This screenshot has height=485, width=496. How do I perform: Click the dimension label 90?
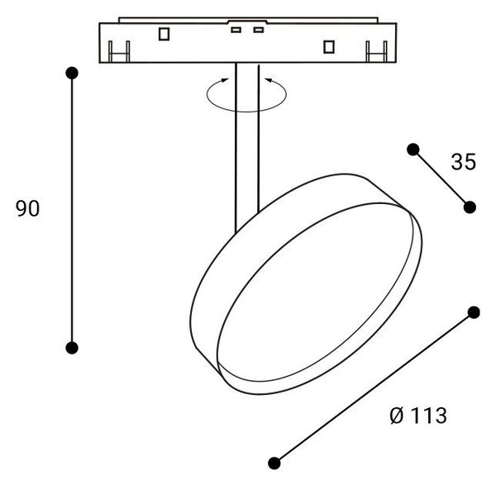27,209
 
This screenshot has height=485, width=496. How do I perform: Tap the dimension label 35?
464,162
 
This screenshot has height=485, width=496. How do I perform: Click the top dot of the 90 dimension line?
72,73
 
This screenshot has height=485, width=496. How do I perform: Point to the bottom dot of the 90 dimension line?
72,348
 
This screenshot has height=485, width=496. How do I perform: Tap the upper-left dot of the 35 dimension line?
413,150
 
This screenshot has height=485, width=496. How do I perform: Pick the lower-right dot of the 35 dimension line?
470,207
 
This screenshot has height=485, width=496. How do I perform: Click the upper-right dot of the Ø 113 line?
474,312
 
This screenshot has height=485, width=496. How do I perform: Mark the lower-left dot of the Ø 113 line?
274,464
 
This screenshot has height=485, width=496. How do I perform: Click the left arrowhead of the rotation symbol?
224,80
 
